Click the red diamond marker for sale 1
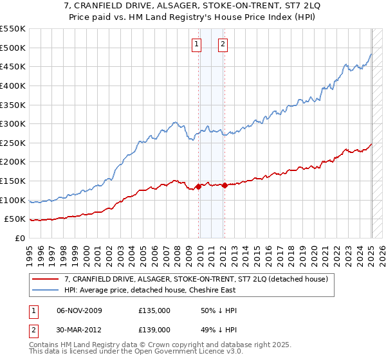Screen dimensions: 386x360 [x=198, y=187]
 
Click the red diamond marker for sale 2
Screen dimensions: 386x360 [x=225, y=185]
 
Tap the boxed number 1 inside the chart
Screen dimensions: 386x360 [x=196, y=45]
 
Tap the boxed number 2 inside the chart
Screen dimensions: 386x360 [x=223, y=45]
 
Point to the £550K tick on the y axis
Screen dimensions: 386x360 [x=13, y=29]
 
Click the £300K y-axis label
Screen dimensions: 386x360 [x=13, y=124]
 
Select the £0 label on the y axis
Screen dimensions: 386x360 [x=20, y=239]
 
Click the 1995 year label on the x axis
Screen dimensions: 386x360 [x=30, y=256]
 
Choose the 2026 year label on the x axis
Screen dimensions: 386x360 [x=382, y=256]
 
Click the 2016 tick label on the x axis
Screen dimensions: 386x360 [x=268, y=256]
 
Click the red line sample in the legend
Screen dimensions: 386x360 [x=45, y=279]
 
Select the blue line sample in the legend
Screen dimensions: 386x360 [x=45, y=290]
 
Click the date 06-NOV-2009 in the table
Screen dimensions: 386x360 [x=79, y=310]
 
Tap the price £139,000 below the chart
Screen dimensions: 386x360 [x=154, y=330]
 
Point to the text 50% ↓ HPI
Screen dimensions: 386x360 [x=219, y=310]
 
